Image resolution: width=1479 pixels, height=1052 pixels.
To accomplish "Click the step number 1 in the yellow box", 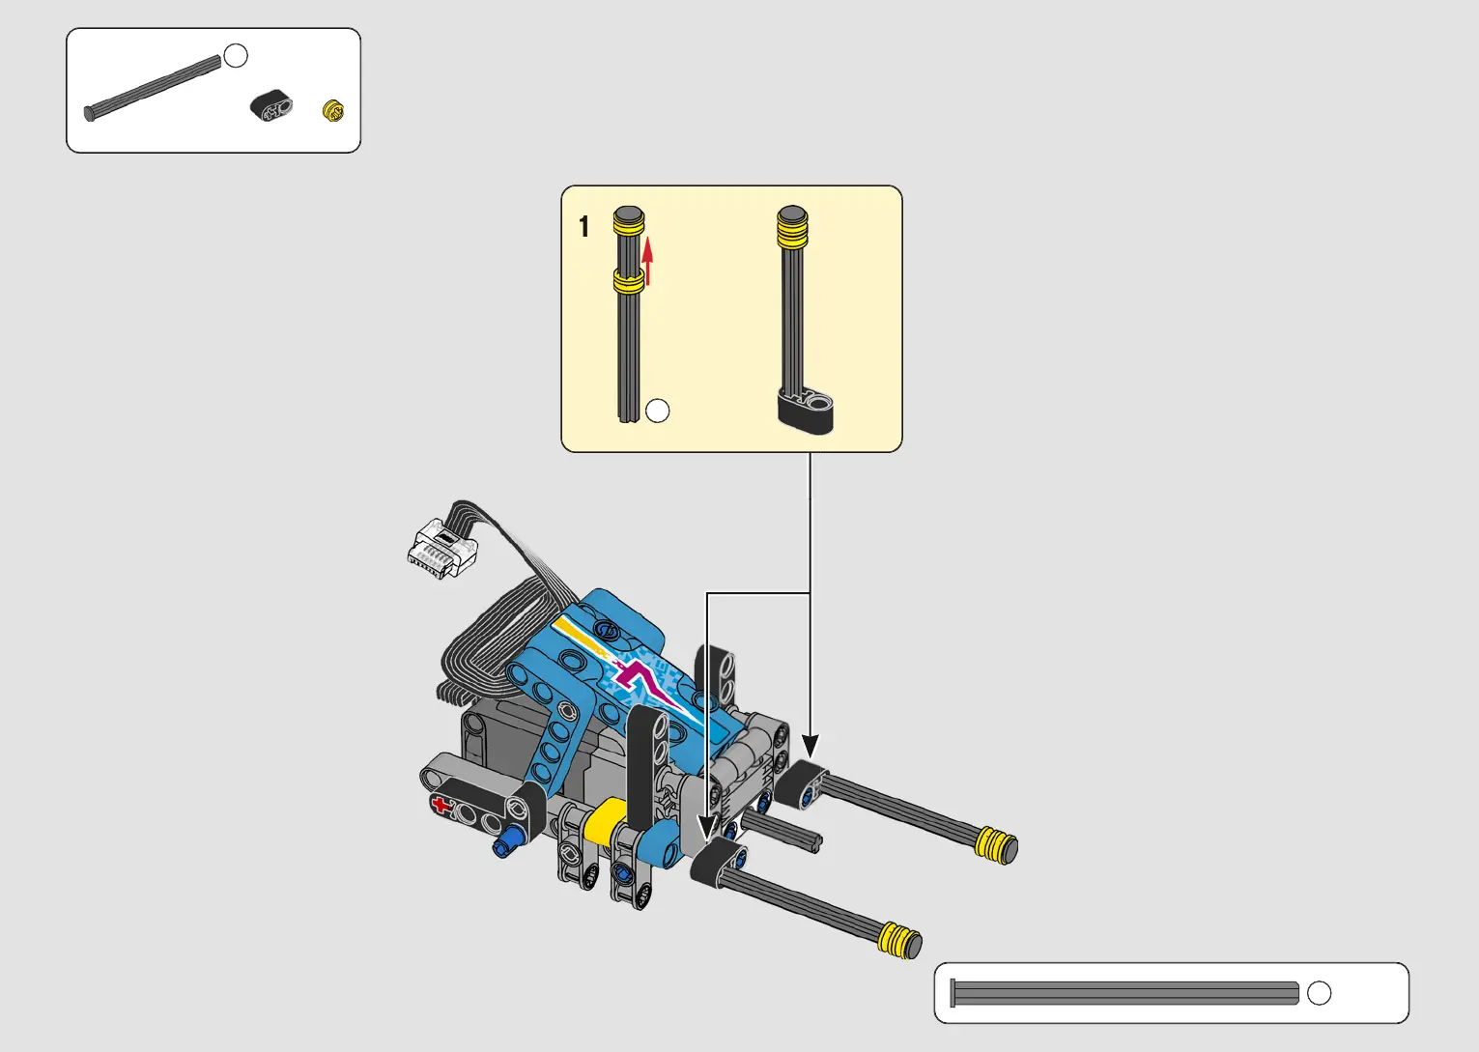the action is coord(583,226).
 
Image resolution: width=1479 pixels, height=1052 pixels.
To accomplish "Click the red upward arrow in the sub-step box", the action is coord(647,261).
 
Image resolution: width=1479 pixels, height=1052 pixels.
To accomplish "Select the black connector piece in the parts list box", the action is coord(271,105).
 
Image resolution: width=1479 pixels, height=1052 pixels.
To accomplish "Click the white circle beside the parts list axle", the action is coord(236,56).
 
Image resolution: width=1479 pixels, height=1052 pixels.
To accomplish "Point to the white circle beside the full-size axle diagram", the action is coord(1320,993).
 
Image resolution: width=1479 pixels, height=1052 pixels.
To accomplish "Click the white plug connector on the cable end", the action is coord(441,548).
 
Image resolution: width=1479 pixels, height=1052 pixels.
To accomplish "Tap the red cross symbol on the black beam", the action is coord(441,805).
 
